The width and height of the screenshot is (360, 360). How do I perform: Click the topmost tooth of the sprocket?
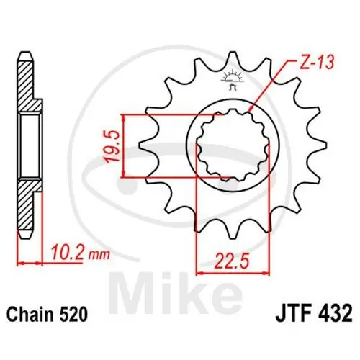[232, 58]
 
